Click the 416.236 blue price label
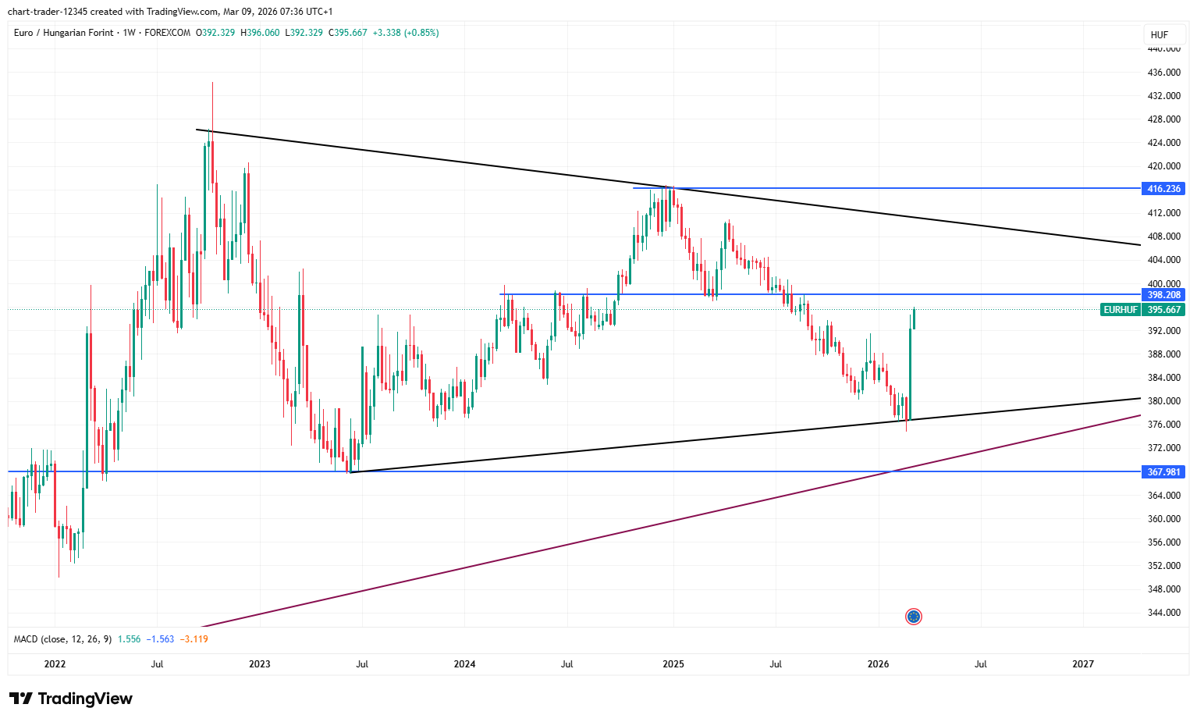(x=1163, y=189)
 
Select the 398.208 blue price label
(x=1163, y=295)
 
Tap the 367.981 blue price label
(x=1163, y=472)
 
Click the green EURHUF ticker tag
(x=1120, y=310)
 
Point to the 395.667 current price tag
(x=1163, y=310)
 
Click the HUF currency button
(x=1159, y=34)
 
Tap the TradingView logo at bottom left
(x=71, y=699)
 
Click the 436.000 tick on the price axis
(x=1163, y=73)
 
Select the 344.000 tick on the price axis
(x=1163, y=613)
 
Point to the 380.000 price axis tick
(x=1163, y=401)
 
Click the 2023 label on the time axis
(x=260, y=664)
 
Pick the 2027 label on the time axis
(x=1083, y=664)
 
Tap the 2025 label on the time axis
(x=673, y=664)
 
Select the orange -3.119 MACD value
(x=194, y=639)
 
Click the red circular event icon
(x=914, y=617)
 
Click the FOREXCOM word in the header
(x=168, y=33)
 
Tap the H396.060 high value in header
(x=260, y=33)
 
